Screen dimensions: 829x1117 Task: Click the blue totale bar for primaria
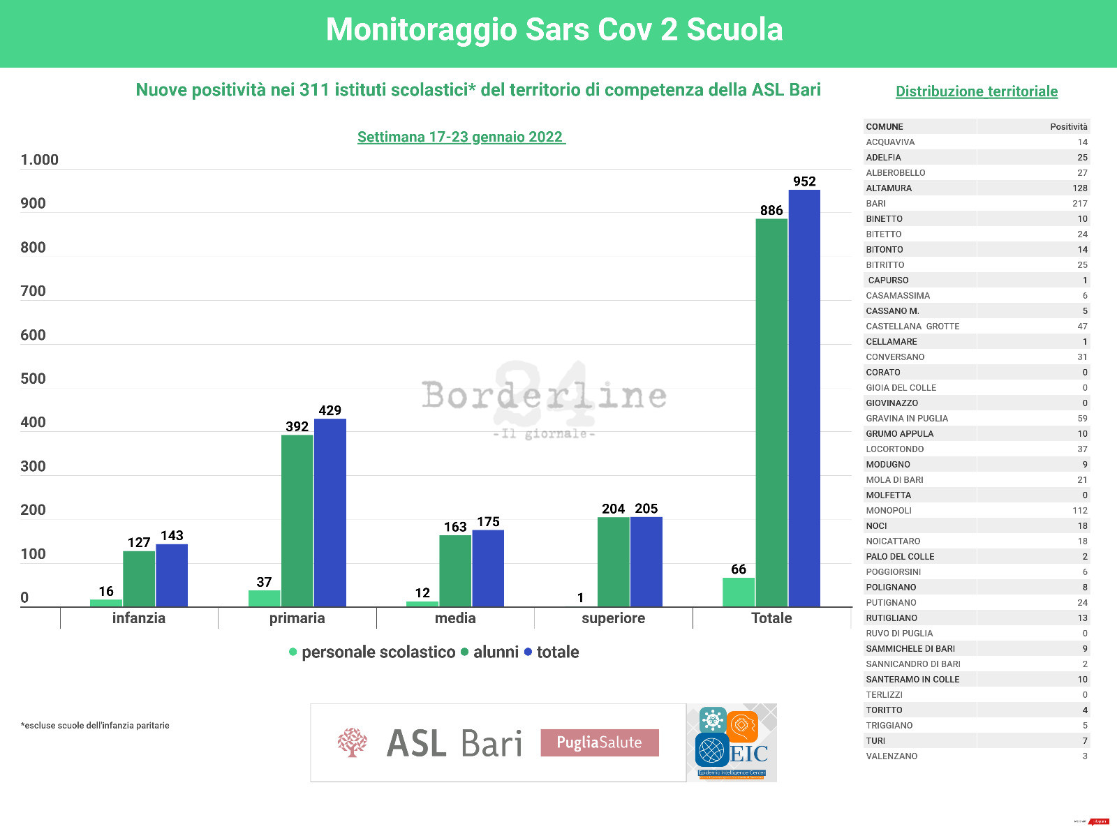[330, 512]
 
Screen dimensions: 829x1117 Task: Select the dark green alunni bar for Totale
[771, 412]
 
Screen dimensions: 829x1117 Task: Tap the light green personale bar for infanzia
[106, 603]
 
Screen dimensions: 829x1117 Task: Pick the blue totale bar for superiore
[646, 562]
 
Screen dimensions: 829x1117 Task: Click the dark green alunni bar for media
[455, 571]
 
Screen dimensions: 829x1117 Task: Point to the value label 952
[804, 181]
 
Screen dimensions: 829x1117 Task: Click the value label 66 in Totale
[739, 569]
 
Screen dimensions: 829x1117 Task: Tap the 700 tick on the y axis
[33, 291]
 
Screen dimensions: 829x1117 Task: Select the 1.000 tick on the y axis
[39, 160]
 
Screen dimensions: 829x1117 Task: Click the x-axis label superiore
[613, 618]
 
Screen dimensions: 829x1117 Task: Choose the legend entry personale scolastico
[378, 652]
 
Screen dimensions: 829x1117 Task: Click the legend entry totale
[557, 652]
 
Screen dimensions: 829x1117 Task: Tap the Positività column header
[1068, 127]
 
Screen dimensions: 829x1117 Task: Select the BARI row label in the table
[875, 204]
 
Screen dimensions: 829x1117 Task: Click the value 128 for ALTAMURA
[1079, 188]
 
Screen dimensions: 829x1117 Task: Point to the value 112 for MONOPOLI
[1079, 511]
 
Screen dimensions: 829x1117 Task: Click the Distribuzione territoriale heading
[977, 91]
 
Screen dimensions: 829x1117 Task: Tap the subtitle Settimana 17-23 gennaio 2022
[461, 137]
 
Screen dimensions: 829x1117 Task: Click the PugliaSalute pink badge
[600, 742]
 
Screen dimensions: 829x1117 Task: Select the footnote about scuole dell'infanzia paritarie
[95, 726]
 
